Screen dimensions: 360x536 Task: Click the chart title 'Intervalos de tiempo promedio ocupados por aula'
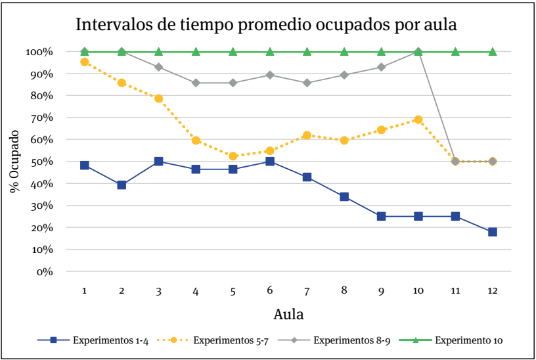(266, 24)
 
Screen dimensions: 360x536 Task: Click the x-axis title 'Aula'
(288, 313)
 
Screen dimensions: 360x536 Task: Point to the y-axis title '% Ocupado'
(14, 161)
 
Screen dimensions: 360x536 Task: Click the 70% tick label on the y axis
(39, 118)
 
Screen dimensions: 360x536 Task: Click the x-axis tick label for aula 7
(307, 290)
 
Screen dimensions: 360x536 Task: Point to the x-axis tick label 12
(492, 290)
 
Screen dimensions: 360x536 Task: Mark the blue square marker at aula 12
(492, 232)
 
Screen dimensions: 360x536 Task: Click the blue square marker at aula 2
(122, 185)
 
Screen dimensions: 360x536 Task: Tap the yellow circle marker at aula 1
(85, 62)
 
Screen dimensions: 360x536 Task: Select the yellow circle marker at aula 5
(233, 156)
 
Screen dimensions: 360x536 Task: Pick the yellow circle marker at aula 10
(418, 120)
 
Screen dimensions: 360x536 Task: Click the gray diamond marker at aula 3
(158, 67)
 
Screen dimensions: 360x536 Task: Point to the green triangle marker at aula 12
(492, 51)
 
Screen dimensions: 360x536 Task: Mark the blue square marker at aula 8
(344, 196)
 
